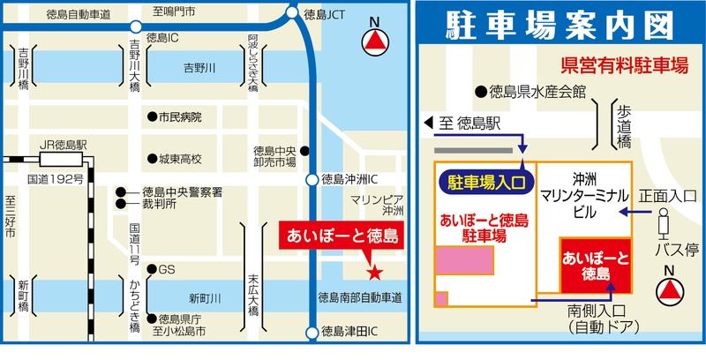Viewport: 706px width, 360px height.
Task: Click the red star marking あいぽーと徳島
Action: (x=374, y=271)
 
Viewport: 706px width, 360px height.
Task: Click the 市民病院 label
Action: (x=180, y=116)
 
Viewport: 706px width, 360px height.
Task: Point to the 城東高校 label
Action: (x=180, y=160)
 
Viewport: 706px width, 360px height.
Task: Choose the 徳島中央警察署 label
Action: (x=181, y=191)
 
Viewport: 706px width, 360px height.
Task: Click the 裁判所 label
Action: (x=159, y=204)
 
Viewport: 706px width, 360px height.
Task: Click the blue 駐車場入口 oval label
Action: (x=487, y=183)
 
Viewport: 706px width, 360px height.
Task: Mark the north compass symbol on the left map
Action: (x=378, y=41)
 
